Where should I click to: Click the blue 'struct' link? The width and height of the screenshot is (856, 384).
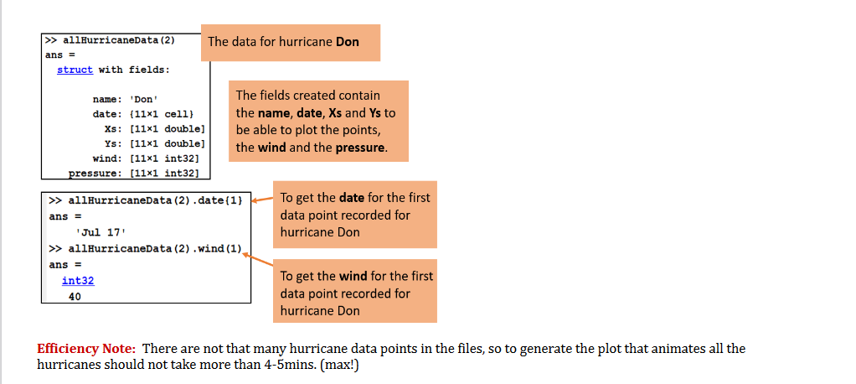click(x=75, y=70)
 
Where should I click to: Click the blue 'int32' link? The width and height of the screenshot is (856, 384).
click(x=78, y=281)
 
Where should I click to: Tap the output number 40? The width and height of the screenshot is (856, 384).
click(x=75, y=296)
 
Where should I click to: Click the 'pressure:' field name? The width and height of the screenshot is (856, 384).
click(x=95, y=173)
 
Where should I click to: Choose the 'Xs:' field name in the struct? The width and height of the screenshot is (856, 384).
click(x=116, y=128)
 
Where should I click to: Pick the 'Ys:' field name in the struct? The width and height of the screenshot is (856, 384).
click(x=116, y=143)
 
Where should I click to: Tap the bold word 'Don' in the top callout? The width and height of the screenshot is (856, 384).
click(x=347, y=42)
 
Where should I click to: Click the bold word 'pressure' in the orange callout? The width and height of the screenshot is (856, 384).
click(x=360, y=148)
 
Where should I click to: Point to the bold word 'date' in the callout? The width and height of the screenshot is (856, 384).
click(x=351, y=198)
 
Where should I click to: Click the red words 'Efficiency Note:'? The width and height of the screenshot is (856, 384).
click(x=86, y=349)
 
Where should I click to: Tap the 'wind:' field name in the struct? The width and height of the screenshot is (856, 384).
click(x=110, y=158)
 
